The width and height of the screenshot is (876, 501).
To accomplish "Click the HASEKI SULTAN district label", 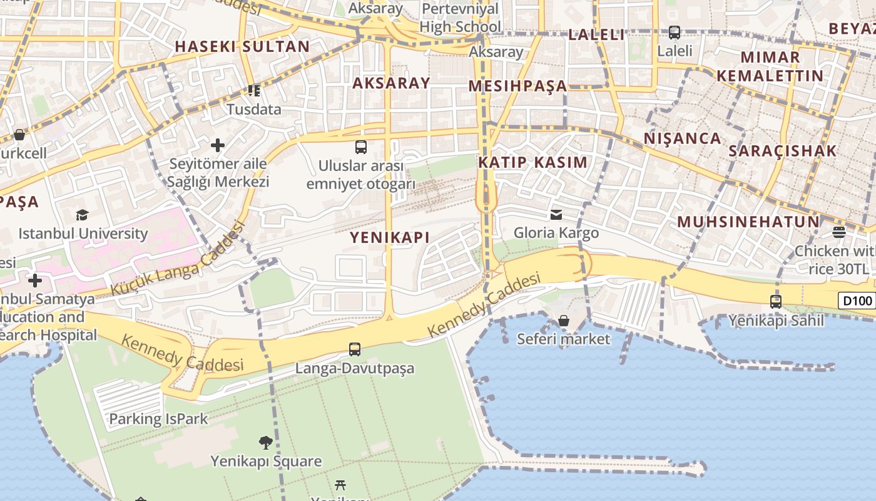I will [x=242, y=46].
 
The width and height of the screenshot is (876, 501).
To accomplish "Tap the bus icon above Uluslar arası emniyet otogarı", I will [x=361, y=147].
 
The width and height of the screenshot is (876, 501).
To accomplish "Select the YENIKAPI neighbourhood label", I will [x=390, y=237].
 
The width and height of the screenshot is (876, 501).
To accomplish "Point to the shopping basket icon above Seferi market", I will [x=564, y=321].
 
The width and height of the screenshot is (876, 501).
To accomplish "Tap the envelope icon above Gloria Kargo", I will [x=556, y=215].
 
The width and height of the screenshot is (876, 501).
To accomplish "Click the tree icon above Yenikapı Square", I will [x=266, y=443].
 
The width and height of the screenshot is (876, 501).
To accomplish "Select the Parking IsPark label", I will [x=158, y=419].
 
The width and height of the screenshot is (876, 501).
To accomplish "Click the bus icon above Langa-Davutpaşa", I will [x=355, y=349].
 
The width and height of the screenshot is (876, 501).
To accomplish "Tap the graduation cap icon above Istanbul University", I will [x=83, y=215].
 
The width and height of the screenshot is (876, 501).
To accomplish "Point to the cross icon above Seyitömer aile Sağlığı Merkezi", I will [x=218, y=146].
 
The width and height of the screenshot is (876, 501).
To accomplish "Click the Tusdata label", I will [x=253, y=110].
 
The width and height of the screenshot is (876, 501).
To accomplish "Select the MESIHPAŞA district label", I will [x=517, y=86].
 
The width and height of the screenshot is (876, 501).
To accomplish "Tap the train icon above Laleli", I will [x=675, y=32].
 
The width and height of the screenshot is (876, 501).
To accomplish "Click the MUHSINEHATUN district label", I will [x=748, y=222].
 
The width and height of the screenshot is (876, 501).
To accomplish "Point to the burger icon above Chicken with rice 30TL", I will [x=839, y=232].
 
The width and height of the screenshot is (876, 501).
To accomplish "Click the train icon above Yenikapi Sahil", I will [x=776, y=302].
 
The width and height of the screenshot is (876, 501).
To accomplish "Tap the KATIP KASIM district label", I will [x=532, y=163].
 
